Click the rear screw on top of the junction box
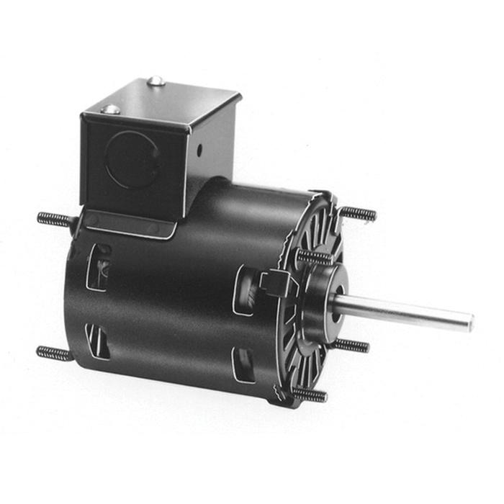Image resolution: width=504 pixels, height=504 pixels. point(156,81)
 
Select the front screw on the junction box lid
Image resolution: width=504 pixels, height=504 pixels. point(110,109)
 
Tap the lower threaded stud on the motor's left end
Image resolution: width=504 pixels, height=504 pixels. point(54,353)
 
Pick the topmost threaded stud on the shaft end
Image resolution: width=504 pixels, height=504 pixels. point(358,213)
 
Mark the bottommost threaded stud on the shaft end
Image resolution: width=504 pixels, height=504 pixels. point(310,394)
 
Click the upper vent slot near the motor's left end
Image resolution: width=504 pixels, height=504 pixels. point(99,267)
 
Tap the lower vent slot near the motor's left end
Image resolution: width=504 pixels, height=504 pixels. point(97,341)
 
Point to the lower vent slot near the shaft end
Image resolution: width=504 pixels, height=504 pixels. point(243,364)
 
